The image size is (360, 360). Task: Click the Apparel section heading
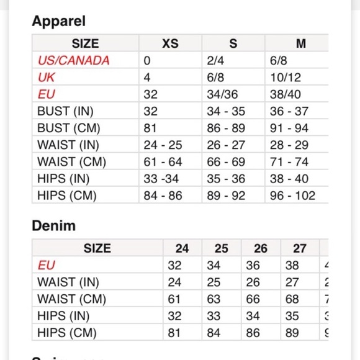tap(58, 21)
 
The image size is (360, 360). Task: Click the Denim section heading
tap(53, 226)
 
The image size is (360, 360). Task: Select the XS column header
tap(170, 43)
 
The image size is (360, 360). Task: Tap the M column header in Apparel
tap(300, 43)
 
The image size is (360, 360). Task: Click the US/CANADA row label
tap(73, 61)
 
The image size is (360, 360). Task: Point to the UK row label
tap(46, 78)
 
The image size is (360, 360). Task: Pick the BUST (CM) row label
tap(68, 128)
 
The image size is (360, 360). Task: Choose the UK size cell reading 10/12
tap(286, 78)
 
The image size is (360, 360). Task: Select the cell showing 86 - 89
tap(226, 128)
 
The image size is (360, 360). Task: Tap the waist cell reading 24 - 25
tap(163, 145)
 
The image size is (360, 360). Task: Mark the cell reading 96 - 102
tap(292, 196)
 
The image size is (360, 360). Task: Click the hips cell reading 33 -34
tap(162, 179)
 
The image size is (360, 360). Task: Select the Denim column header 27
tap(300, 248)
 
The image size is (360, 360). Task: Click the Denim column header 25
tap(221, 248)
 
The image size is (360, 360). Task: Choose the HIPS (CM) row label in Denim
tap(67, 333)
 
